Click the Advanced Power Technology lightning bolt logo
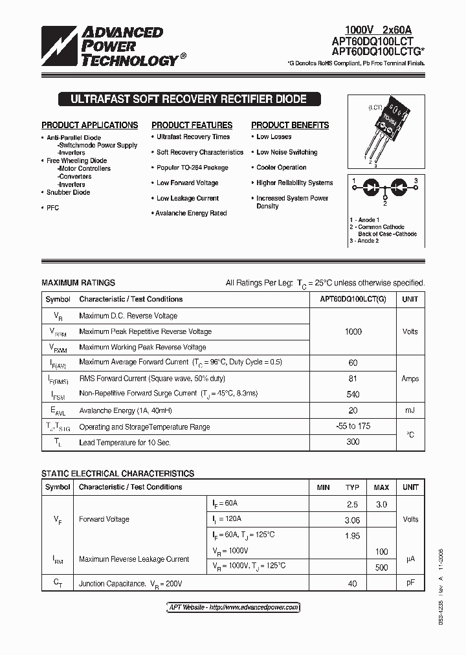click(60, 47)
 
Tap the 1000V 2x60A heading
click(378, 30)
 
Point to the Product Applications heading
click(89, 125)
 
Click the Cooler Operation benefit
click(281, 168)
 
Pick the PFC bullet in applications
click(52, 208)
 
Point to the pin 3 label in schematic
click(416, 181)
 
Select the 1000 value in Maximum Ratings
click(353, 331)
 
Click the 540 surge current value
click(353, 394)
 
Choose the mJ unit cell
click(410, 410)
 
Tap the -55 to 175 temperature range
click(353, 427)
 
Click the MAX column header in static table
click(381, 487)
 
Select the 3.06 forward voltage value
click(352, 519)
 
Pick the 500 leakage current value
click(381, 568)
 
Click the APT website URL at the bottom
click(230, 608)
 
